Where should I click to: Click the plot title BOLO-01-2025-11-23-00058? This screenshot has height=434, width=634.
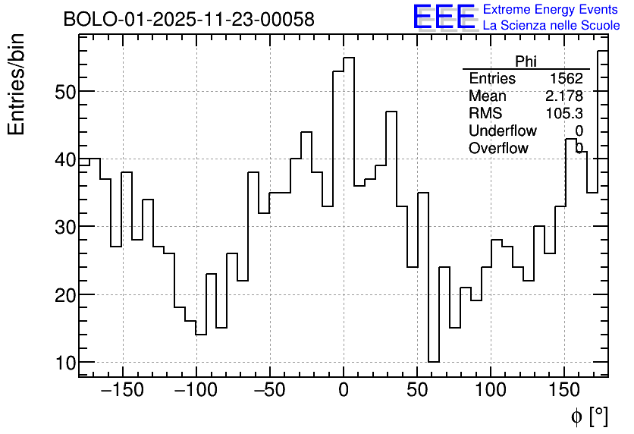189,20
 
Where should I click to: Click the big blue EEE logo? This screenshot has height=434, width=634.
444,17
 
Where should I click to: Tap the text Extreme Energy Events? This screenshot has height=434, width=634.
551,10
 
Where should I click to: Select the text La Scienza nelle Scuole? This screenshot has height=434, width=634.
551,25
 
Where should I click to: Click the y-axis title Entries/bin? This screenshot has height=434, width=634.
17,84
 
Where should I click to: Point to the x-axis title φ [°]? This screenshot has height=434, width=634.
589,417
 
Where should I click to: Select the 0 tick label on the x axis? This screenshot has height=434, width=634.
344,390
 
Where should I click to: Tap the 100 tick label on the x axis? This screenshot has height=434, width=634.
491,390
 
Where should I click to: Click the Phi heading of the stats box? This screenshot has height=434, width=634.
526,61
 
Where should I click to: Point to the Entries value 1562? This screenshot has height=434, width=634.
567,79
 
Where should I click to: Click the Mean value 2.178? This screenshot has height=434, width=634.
563,96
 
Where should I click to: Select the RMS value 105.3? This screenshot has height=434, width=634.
564,113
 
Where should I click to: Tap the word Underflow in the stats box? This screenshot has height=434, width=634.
502,131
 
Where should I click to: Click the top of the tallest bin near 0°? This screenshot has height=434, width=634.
349,58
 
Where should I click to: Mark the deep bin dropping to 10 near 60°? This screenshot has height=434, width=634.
434,362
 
